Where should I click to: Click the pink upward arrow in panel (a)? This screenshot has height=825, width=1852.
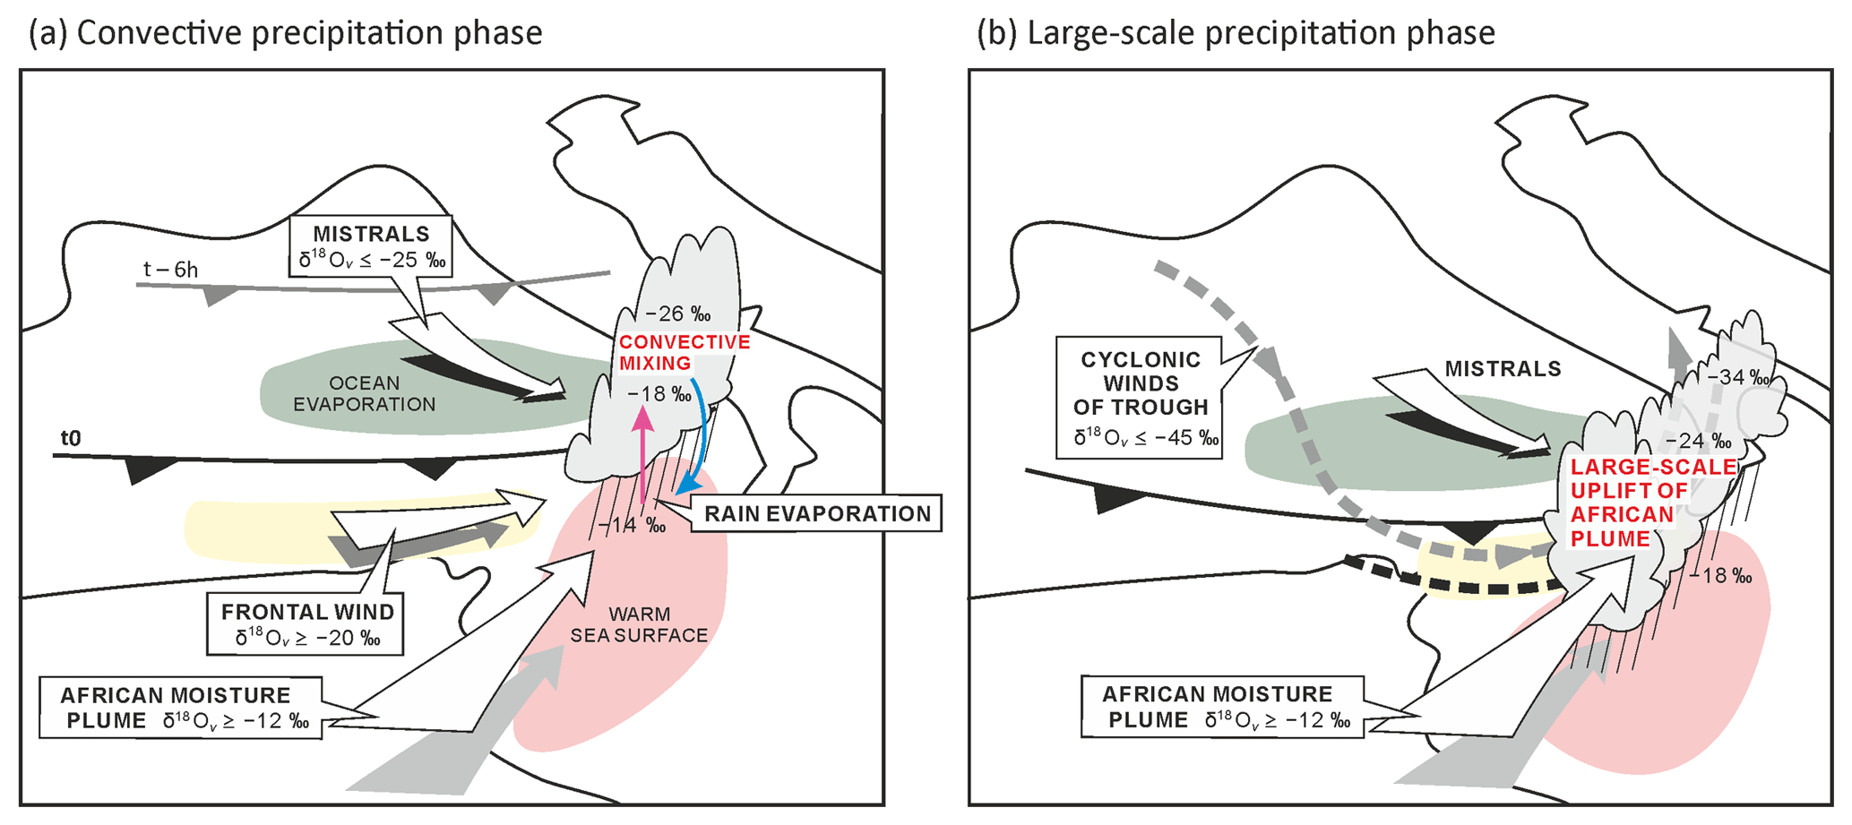(643, 457)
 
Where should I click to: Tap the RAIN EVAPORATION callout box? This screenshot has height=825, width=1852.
(816, 513)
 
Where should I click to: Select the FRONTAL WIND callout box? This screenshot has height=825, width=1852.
(307, 623)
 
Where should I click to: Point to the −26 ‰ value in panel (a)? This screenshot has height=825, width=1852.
(677, 314)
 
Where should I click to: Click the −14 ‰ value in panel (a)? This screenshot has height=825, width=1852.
(632, 525)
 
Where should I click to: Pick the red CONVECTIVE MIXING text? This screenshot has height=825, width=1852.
(684, 352)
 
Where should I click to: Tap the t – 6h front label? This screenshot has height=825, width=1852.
(170, 269)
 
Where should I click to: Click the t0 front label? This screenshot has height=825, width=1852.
(70, 438)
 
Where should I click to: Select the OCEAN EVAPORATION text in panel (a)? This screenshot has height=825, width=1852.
(365, 393)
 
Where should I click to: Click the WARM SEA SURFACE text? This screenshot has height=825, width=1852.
(639, 624)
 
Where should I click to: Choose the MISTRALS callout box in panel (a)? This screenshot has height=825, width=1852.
(372, 246)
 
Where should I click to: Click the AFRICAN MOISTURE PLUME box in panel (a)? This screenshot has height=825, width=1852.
(180, 708)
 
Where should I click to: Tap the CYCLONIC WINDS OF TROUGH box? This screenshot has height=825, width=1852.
(1140, 397)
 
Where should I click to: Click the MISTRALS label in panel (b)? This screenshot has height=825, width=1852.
(1503, 368)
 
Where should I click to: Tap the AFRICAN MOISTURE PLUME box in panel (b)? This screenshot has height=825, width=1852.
(1221, 707)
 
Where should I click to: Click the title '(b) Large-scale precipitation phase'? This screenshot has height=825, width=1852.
(1236, 33)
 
